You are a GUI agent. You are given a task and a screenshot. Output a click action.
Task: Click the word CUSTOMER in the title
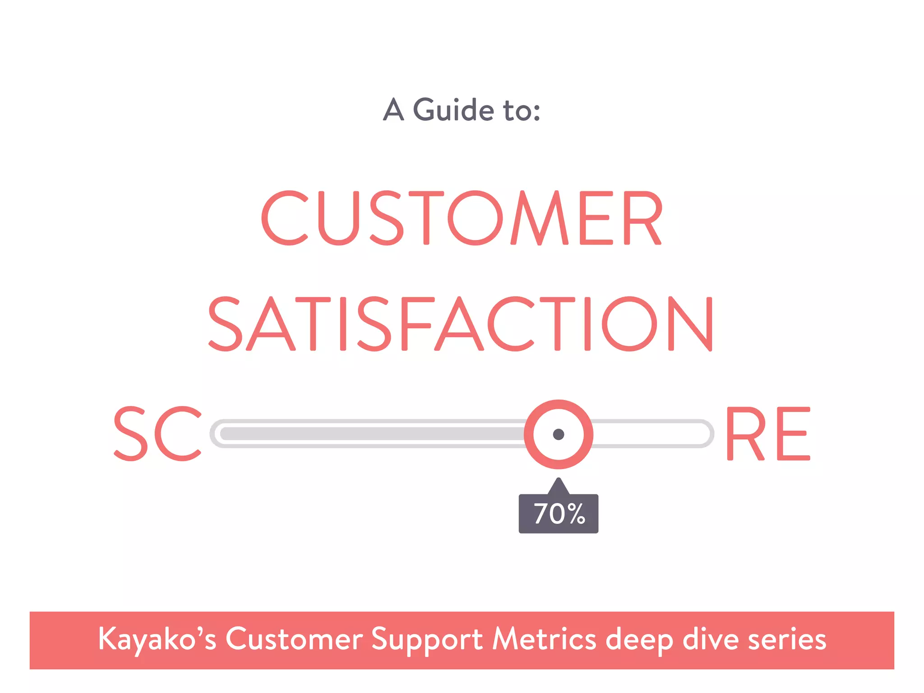[x=462, y=218]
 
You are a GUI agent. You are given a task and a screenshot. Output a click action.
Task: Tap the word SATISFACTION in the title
[x=460, y=324]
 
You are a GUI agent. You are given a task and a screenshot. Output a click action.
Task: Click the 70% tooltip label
[x=559, y=514]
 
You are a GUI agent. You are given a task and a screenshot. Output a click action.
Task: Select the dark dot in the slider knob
[x=559, y=434]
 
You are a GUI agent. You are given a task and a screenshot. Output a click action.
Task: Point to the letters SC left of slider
[x=157, y=434]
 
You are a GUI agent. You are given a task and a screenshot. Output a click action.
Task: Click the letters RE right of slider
[x=768, y=434]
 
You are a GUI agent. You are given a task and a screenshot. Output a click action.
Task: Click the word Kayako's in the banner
[x=157, y=639]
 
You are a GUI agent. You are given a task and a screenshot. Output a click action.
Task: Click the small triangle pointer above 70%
[x=559, y=486]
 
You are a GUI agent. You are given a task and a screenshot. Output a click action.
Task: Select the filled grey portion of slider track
[x=370, y=434]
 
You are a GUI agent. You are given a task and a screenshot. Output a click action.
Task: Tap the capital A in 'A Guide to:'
[x=393, y=110]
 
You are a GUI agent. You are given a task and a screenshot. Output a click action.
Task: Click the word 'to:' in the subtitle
[x=522, y=111]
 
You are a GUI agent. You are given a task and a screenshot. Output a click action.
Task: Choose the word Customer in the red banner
[x=294, y=639]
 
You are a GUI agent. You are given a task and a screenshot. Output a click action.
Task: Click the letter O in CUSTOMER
[x=475, y=218]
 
